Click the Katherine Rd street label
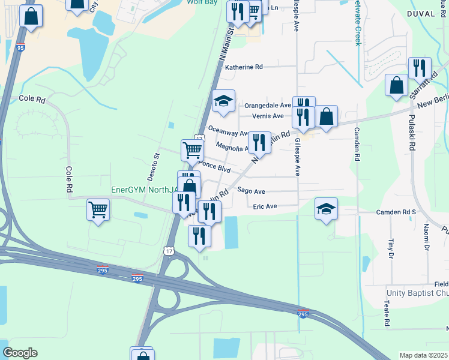pyautogui.click(x=244, y=67)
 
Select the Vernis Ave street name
pyautogui.click(x=268, y=116)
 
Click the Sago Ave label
pyautogui.click(x=250, y=191)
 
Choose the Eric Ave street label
pyautogui.click(x=265, y=206)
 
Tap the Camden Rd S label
pyautogui.click(x=396, y=212)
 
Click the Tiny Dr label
pyautogui.click(x=390, y=246)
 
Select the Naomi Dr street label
pyautogui.click(x=427, y=235)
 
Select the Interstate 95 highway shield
pyautogui.click(x=20, y=47)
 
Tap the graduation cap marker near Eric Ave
pyautogui.click(x=326, y=209)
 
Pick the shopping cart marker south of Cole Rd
pyautogui.click(x=98, y=210)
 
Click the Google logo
pyautogui.click(x=20, y=353)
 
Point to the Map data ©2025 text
pyautogui.click(x=424, y=355)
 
